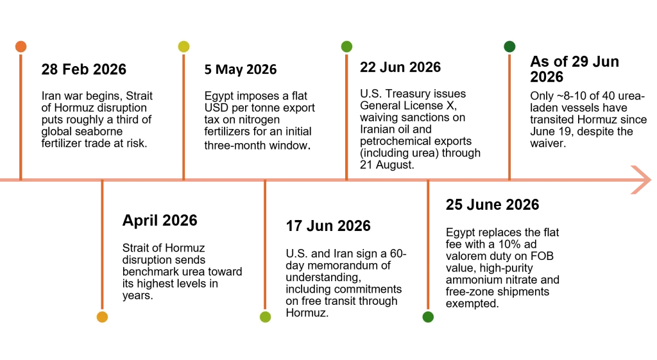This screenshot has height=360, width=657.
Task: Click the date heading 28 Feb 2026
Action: (84, 69)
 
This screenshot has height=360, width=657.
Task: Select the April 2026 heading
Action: (160, 221)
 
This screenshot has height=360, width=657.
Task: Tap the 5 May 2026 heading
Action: (241, 69)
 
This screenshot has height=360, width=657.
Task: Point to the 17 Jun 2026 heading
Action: (328, 226)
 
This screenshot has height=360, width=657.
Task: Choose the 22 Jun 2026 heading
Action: (400, 67)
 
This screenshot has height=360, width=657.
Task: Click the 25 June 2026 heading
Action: (492, 205)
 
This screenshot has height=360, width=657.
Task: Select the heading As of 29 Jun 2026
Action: (574, 69)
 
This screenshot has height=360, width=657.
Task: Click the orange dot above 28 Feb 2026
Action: (21, 46)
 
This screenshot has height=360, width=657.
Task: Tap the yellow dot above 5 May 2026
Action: (183, 46)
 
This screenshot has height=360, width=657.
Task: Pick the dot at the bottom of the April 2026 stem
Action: (102, 317)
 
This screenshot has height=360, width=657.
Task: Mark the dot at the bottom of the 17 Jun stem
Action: (265, 317)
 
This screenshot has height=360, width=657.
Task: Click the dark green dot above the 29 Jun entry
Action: (509, 46)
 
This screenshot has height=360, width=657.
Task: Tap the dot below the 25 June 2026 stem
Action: (428, 317)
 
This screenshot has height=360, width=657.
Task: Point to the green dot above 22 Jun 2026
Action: (346, 46)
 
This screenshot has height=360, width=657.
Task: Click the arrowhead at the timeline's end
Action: (641, 180)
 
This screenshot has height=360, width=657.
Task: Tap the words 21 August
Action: (387, 165)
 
